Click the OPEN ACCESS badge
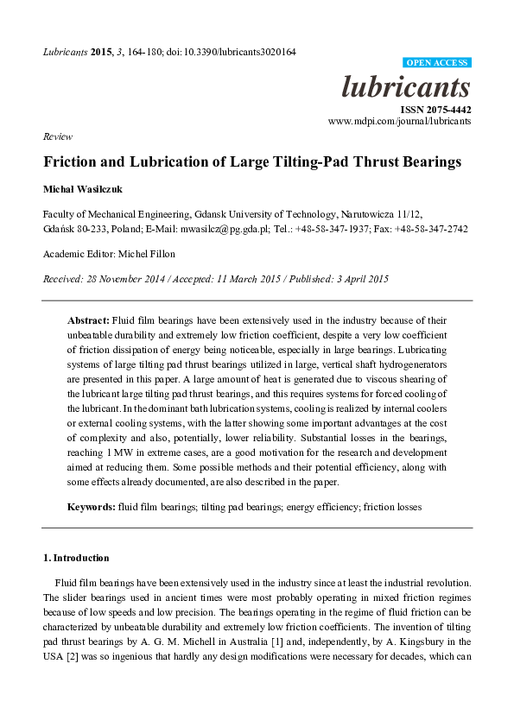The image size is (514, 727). [437, 63]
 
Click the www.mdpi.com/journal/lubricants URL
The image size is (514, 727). [399, 122]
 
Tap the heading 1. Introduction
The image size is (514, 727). [76, 558]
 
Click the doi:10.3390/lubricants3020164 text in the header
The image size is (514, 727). [237, 52]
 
